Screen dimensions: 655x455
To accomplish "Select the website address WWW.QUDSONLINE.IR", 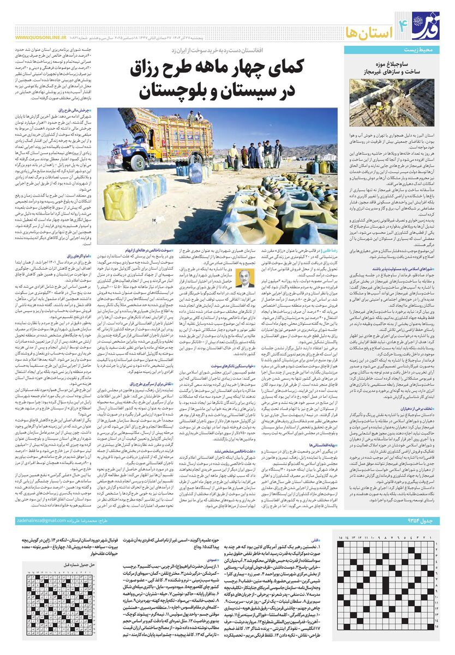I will coord(41,39).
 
